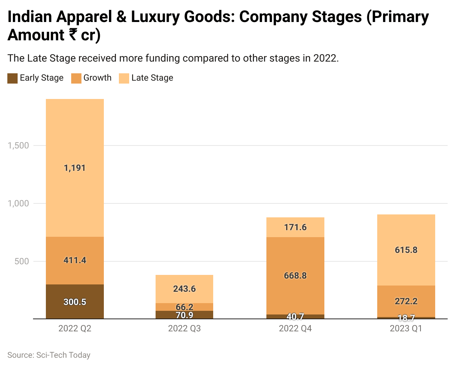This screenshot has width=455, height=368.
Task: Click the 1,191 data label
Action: tap(74, 168)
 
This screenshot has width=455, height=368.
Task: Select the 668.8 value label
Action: tap(295, 276)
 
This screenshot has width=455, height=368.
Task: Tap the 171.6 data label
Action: tap(295, 227)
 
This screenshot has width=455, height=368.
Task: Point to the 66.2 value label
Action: tap(184, 307)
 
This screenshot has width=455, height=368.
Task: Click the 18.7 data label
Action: tap(406, 318)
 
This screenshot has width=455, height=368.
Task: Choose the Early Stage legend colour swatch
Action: tap(12, 78)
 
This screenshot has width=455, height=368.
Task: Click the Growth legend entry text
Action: tap(97, 78)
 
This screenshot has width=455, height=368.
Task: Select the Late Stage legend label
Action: tap(152, 78)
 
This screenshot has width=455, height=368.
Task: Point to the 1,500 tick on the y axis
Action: tap(18, 146)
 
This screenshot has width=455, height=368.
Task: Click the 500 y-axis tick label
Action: tap(22, 261)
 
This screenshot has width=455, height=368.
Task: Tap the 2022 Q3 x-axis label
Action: tap(184, 328)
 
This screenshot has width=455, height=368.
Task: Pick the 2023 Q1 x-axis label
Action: tap(406, 328)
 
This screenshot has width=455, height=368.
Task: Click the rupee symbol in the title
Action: tap(73, 35)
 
